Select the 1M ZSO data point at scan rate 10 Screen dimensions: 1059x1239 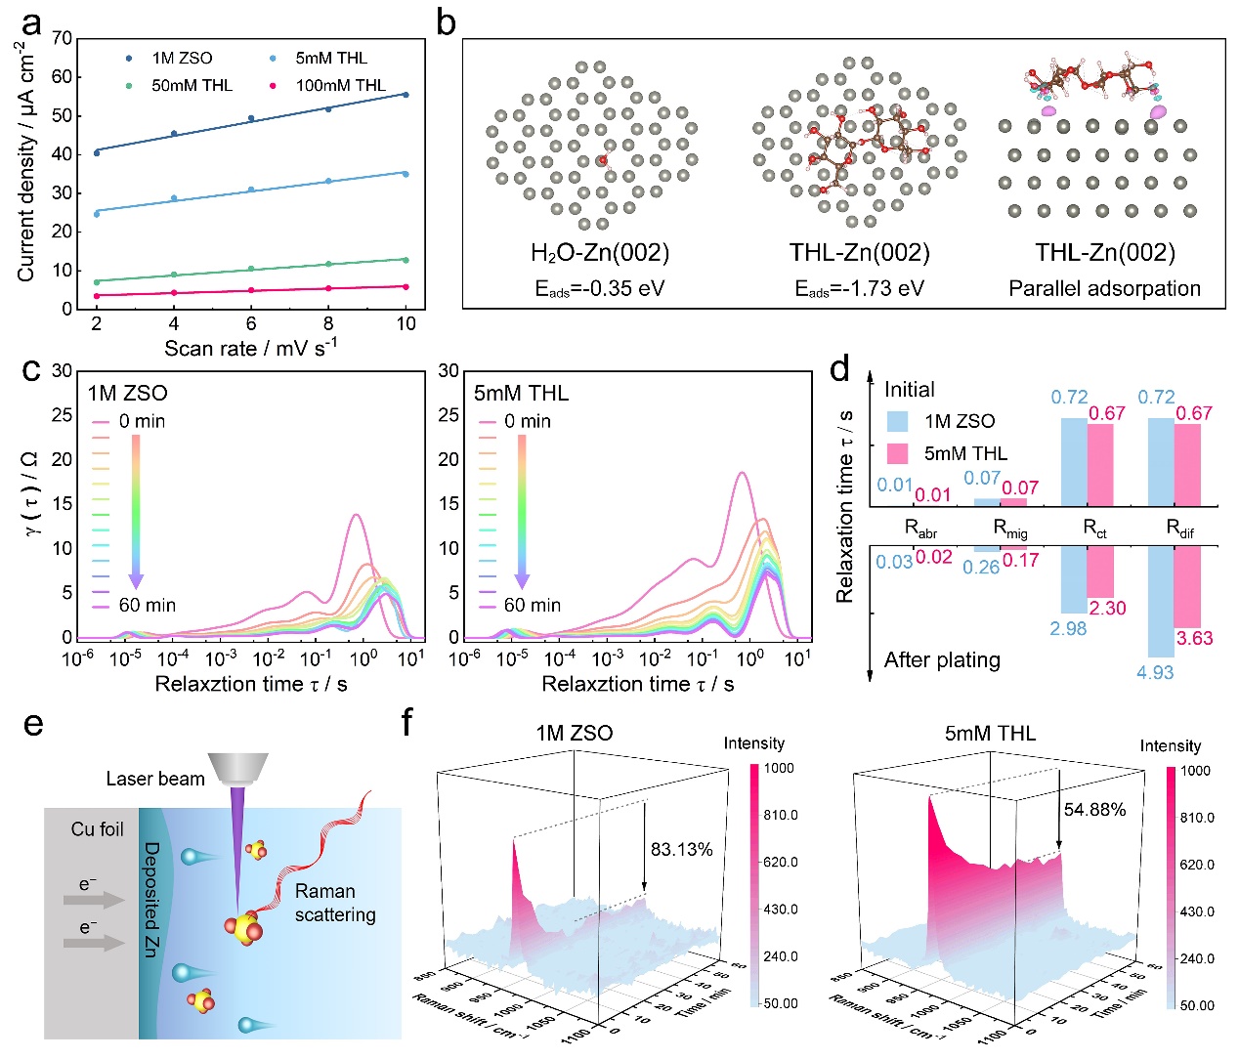[x=406, y=95]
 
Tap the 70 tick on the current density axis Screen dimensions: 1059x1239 [x=62, y=38]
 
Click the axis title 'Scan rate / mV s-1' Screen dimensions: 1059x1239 [x=250, y=348]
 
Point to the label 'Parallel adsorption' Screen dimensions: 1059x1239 [x=1104, y=288]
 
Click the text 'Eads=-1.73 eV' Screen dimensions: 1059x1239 [x=859, y=288]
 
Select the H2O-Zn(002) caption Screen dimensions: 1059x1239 [x=599, y=253]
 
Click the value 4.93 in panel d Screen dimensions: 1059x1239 [x=1155, y=672]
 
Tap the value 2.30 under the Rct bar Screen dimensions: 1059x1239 [x=1107, y=608]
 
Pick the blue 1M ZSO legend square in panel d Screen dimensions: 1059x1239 [x=898, y=421]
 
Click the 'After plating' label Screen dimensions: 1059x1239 [x=942, y=660]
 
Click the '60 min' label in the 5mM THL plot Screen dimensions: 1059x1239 [x=532, y=606]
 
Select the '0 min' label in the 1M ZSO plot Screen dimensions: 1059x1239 [x=142, y=421]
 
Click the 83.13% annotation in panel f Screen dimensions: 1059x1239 [x=681, y=849]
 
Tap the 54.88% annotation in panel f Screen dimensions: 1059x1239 [x=1094, y=810]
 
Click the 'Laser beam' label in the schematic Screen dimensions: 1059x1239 [x=155, y=779]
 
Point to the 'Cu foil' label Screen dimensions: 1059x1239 [x=97, y=829]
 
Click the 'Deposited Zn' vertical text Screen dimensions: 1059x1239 [x=152, y=899]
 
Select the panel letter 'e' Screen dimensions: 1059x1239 [x=33, y=724]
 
